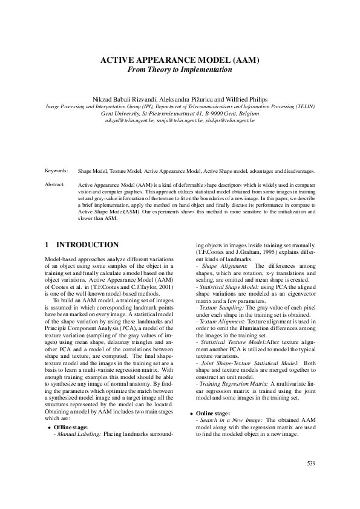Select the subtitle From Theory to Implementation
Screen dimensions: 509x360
click(179, 70)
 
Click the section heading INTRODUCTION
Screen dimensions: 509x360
click(87, 245)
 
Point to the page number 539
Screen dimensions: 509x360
click(311, 464)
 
